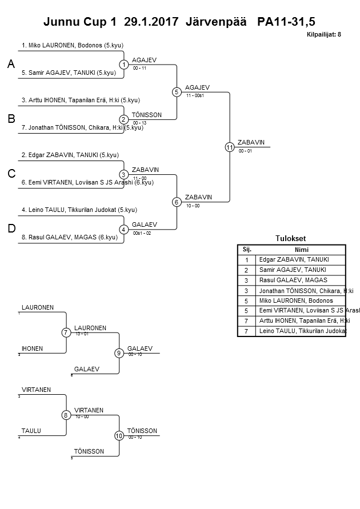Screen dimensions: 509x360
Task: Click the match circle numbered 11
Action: pos(230,147)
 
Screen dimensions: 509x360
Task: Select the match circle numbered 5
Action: pos(177,92)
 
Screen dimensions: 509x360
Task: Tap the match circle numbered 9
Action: pos(119,353)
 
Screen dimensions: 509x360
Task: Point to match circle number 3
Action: pos(123,174)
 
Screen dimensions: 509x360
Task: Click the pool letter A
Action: pos(10,65)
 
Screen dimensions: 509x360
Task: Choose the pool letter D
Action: pos(10,229)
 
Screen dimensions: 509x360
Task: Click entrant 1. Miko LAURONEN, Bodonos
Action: pos(72,45)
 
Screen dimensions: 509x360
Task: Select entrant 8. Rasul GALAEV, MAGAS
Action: pos(70,237)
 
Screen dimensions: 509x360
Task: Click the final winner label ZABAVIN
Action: pos(251,143)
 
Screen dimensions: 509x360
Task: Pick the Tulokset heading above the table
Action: pos(291,239)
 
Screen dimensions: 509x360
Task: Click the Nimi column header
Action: pos(301,250)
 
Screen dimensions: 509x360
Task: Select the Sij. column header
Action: pos(247,250)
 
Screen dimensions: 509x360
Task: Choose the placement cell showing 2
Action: pos(247,270)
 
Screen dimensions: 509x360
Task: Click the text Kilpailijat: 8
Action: pos(323,34)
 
